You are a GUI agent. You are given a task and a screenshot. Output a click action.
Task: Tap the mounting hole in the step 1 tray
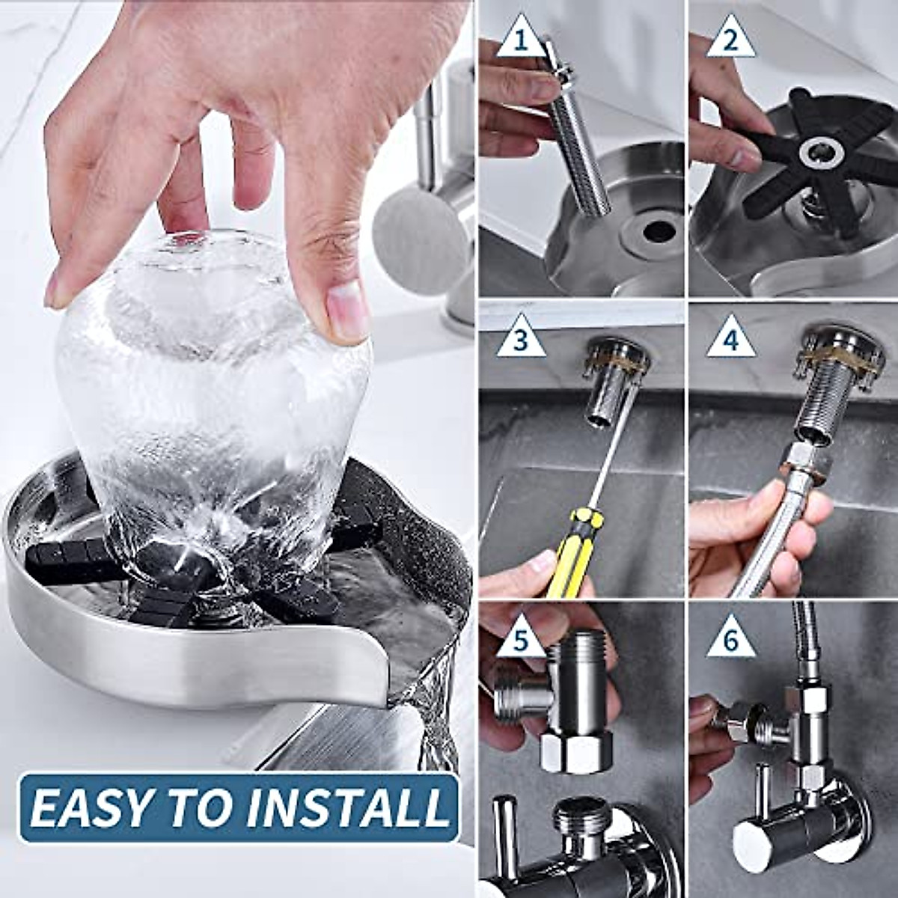(658, 231)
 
